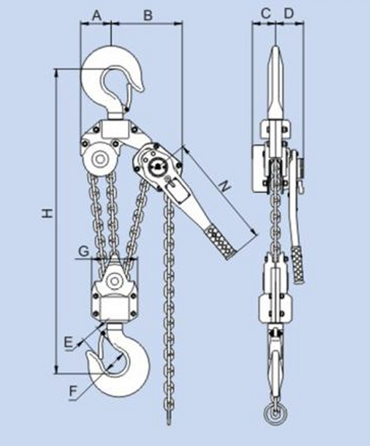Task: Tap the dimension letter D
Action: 289,13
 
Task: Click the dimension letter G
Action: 83,251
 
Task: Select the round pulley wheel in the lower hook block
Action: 115,280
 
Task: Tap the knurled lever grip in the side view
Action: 298,261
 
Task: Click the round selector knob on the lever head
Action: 156,167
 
